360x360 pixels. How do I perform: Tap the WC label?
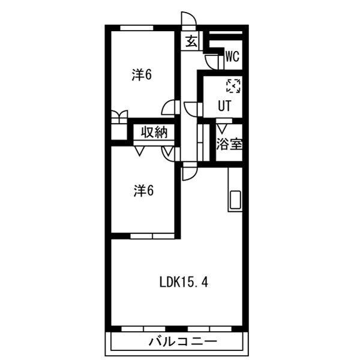[233, 57]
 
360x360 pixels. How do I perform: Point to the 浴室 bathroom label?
[229, 145]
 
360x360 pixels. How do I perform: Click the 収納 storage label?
[154, 133]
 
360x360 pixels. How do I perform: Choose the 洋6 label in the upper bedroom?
[143, 75]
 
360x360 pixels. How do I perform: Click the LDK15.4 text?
[184, 282]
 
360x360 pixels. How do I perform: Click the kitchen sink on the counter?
[234, 200]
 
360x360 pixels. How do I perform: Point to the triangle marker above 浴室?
[222, 127]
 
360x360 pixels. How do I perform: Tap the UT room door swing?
[192, 109]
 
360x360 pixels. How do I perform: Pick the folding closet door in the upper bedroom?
[119, 116]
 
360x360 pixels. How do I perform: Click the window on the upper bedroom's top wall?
[136, 28]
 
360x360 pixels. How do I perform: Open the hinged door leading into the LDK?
[188, 172]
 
